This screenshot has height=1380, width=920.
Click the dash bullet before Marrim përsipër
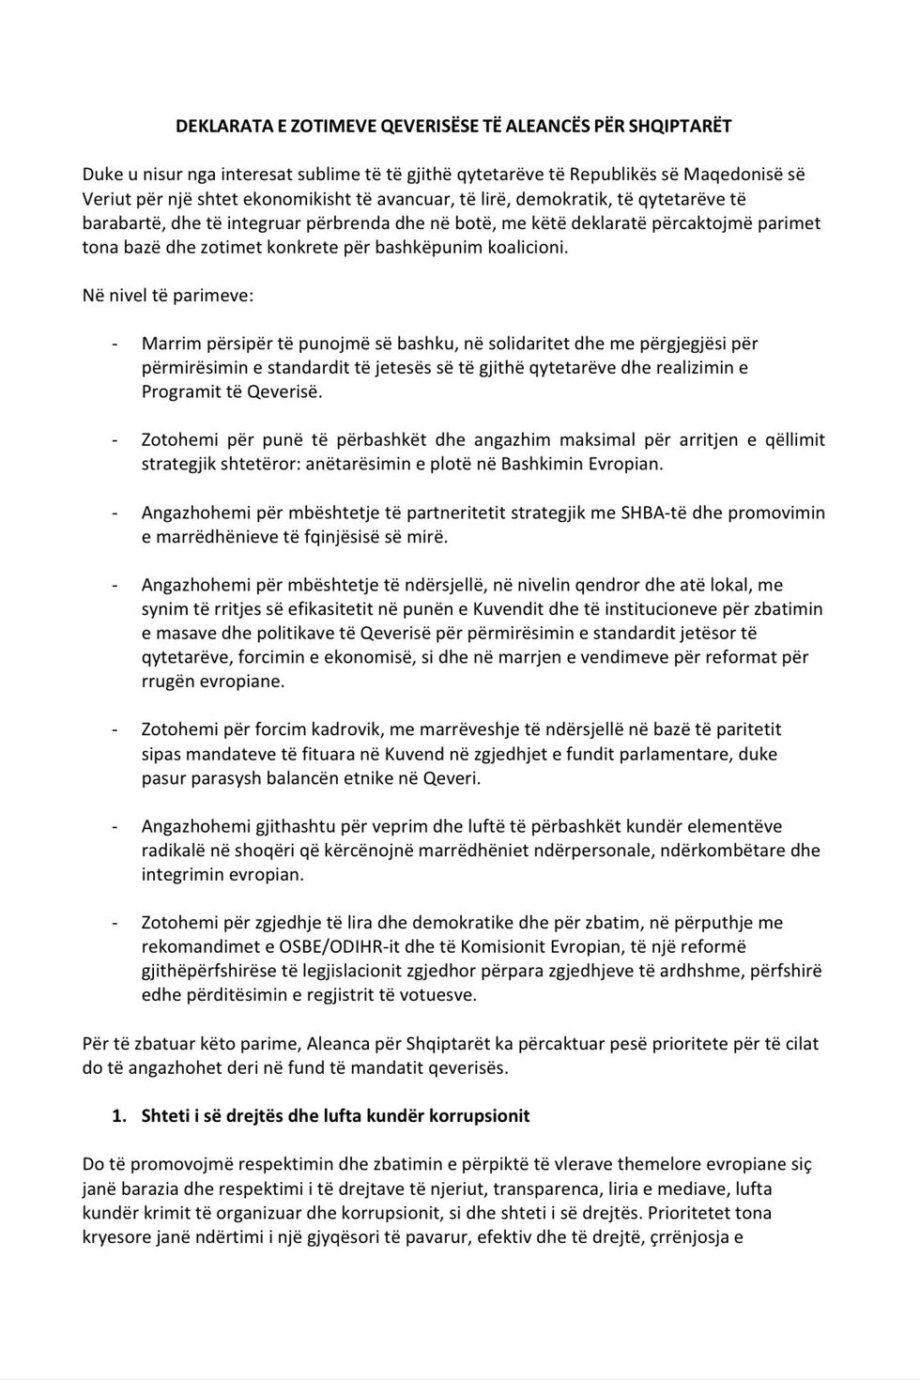[x=115, y=344]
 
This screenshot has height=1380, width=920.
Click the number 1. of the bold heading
[x=118, y=1116]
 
